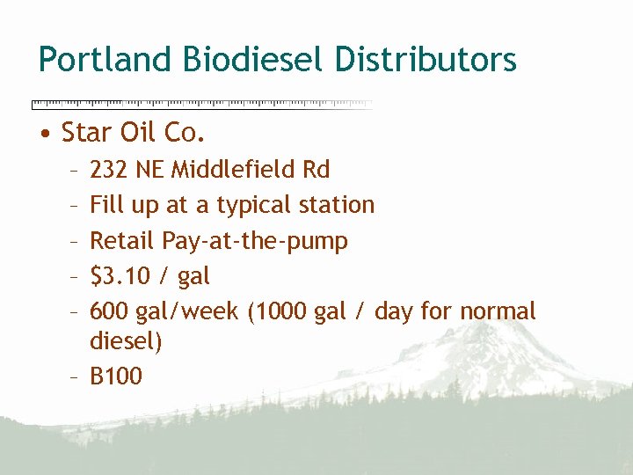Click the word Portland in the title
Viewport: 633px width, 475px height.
pyautogui.click(x=106, y=60)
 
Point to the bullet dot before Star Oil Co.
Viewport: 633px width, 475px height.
pyautogui.click(x=44, y=134)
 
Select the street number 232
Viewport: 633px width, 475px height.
pyautogui.click(x=108, y=169)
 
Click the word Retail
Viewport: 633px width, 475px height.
pyautogui.click(x=122, y=240)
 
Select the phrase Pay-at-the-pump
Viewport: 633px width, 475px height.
pyautogui.click(x=255, y=241)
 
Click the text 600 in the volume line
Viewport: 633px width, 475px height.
pyautogui.click(x=109, y=311)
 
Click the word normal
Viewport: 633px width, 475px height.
pyautogui.click(x=497, y=311)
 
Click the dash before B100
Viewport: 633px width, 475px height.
pyautogui.click(x=76, y=376)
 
